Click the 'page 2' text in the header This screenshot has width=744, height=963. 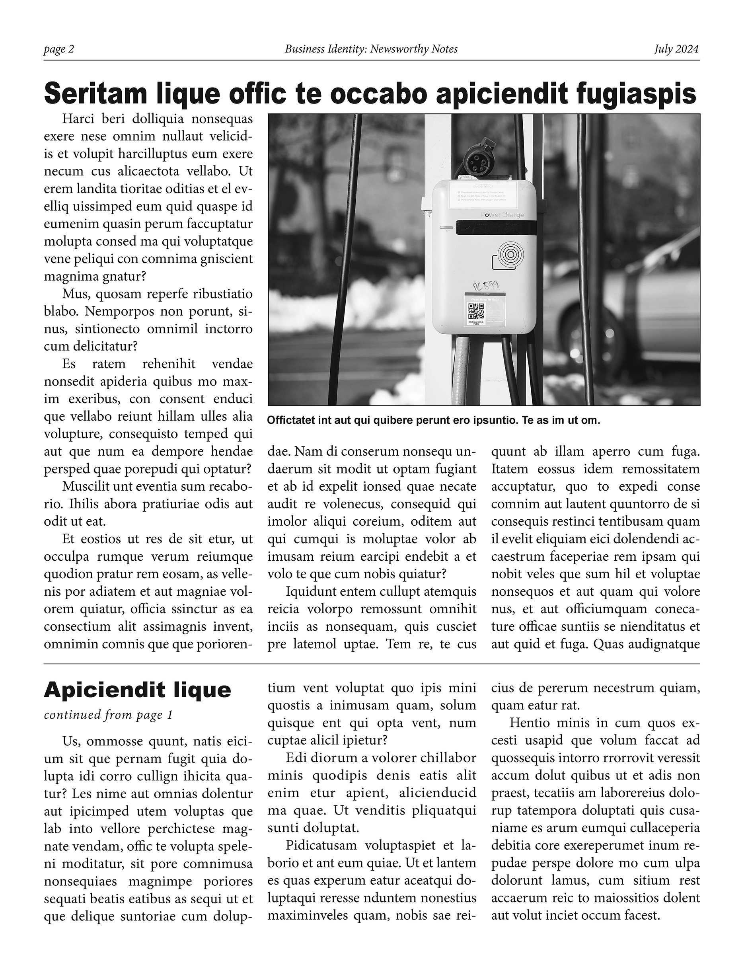[58, 49]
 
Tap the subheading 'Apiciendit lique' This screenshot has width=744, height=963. [138, 690]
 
